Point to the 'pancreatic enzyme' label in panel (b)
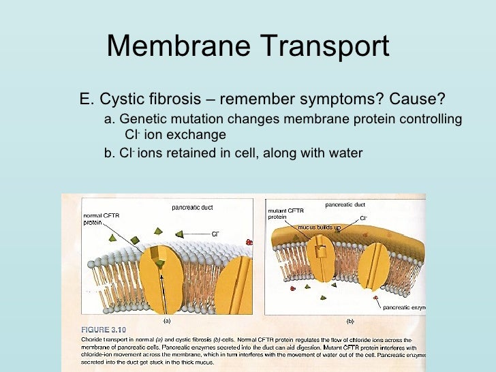tap(403, 307)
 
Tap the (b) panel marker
tap(350, 320)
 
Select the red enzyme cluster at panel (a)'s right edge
tap(249, 242)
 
